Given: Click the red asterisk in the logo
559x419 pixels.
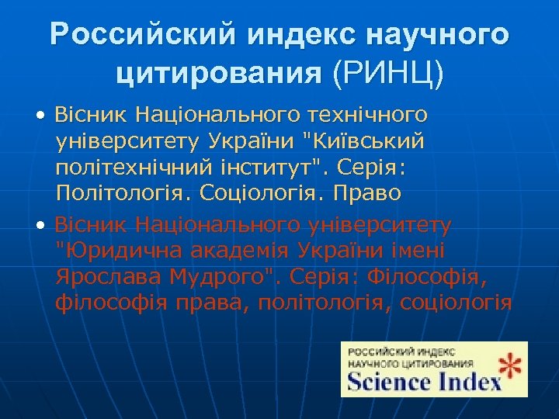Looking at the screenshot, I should (509, 369).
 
